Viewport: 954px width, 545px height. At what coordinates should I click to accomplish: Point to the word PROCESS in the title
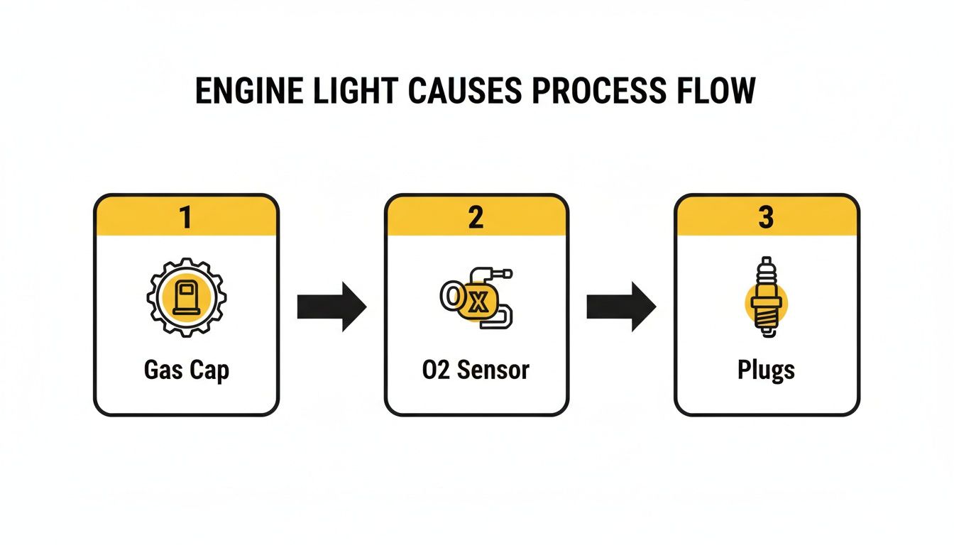click(593, 92)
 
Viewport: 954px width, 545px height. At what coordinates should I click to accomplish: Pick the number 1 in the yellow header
click(186, 216)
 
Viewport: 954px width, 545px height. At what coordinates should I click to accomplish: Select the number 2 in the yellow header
click(476, 216)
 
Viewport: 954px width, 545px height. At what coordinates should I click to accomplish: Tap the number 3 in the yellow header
click(767, 216)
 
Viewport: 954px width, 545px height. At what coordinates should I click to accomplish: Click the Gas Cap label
click(186, 370)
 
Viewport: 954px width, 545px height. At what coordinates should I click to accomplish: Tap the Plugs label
click(767, 370)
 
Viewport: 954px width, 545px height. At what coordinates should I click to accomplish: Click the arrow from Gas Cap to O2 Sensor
click(331, 307)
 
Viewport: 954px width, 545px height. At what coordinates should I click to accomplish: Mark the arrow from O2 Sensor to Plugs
click(621, 307)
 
